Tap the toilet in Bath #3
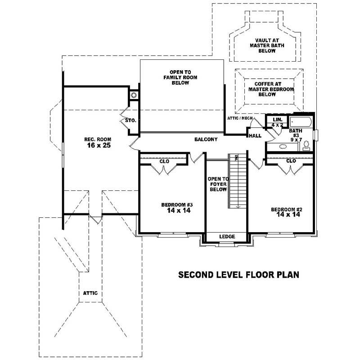tap(306, 145)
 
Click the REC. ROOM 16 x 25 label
tap(97, 142)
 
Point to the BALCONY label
tap(206, 139)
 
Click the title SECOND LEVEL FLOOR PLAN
tap(239, 274)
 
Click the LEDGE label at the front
tap(226, 237)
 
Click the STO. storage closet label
tap(131, 121)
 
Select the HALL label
tap(255, 135)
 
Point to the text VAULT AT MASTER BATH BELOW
tap(264, 45)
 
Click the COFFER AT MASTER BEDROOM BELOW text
tap(268, 89)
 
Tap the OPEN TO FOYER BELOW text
tap(218, 184)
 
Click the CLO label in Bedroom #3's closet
tap(164, 161)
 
